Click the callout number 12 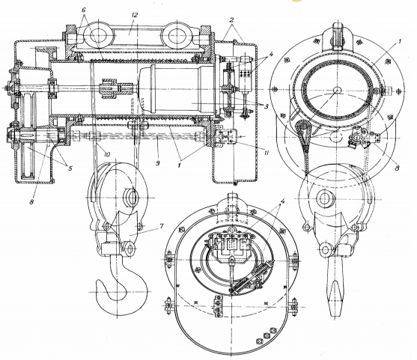(x=135, y=15)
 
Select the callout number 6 (x=84, y=10)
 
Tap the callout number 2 (x=232, y=19)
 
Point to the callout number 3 (x=267, y=106)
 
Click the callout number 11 (x=267, y=153)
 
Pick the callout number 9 (x=158, y=162)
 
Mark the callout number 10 (x=107, y=154)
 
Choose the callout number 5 (x=70, y=168)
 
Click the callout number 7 (x=162, y=226)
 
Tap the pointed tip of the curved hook (x=98, y=282)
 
